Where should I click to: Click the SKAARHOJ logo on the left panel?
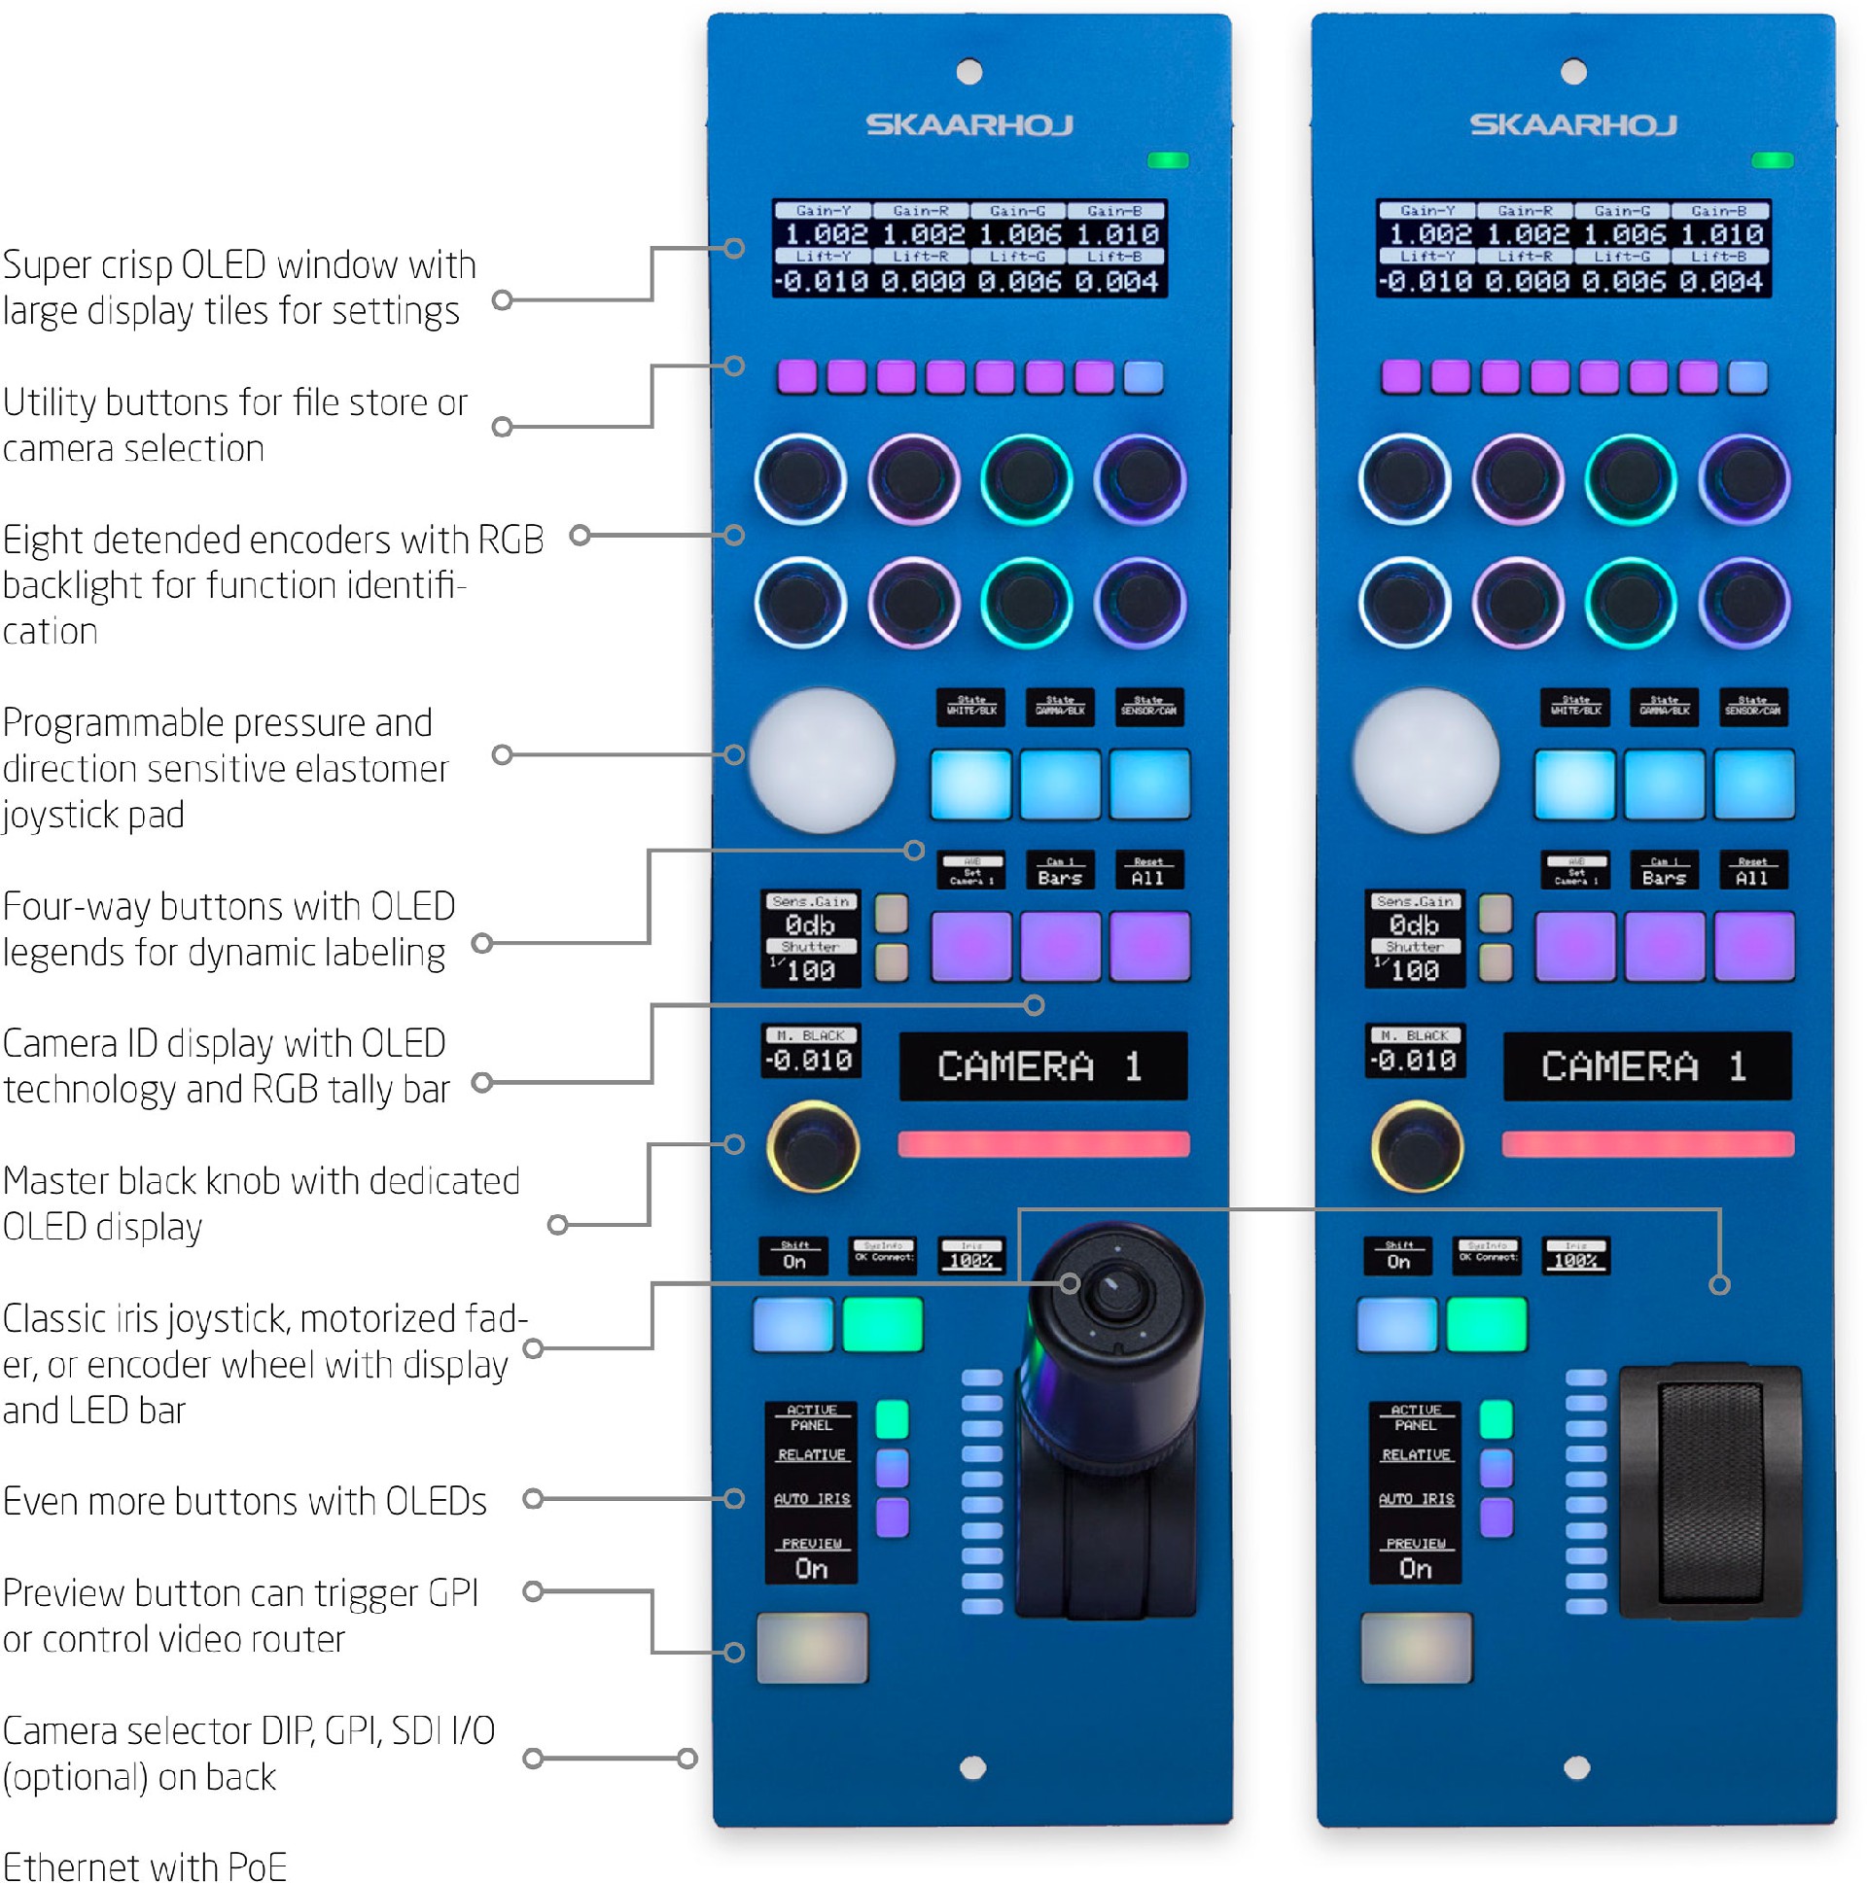(x=969, y=124)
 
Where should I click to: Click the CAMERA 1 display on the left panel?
(x=1041, y=1066)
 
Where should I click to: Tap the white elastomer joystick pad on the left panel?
(x=821, y=760)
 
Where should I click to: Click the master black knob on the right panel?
(x=1416, y=1147)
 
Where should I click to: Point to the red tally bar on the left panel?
(x=1042, y=1143)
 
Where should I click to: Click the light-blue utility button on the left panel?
(x=1143, y=377)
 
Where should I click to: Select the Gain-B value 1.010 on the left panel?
(x=1116, y=235)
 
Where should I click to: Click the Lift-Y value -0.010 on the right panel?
(x=1425, y=282)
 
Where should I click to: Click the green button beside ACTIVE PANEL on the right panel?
(x=1495, y=1419)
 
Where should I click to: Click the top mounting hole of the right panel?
(x=1572, y=71)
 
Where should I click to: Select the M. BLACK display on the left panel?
(x=809, y=1051)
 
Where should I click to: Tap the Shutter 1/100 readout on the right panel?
(x=1414, y=965)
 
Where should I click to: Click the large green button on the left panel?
(x=881, y=1324)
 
